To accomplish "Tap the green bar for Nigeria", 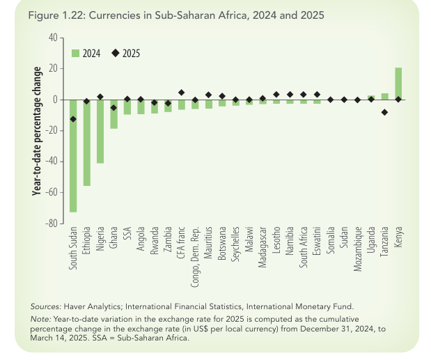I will click(100, 132).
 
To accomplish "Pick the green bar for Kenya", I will click(398, 84).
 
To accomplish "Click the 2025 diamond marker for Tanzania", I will click(384, 112).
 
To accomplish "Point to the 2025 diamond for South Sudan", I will click(72, 119).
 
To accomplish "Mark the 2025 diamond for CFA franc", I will click(181, 93).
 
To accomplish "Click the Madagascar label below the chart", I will click(262, 251).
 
